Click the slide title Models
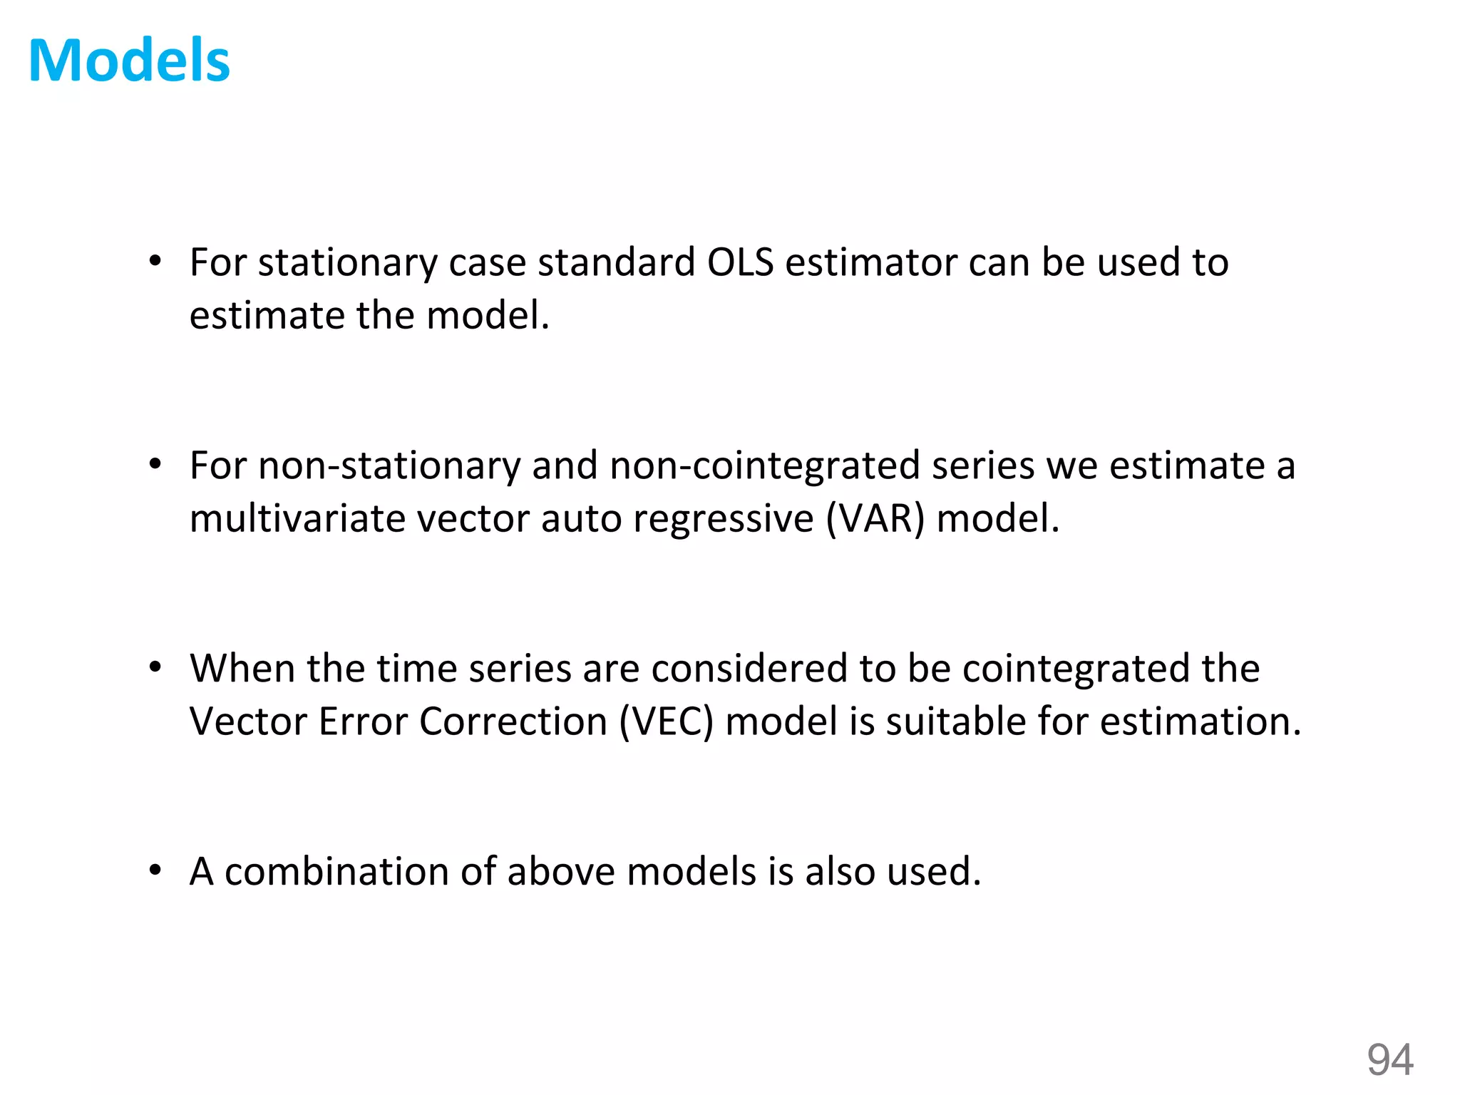tap(129, 61)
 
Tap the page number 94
tap(1389, 1059)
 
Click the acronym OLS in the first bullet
tap(740, 262)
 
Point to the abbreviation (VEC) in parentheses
tap(666, 721)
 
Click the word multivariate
tap(297, 518)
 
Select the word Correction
tap(513, 721)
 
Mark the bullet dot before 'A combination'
tap(155, 870)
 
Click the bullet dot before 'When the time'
tap(155, 668)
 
